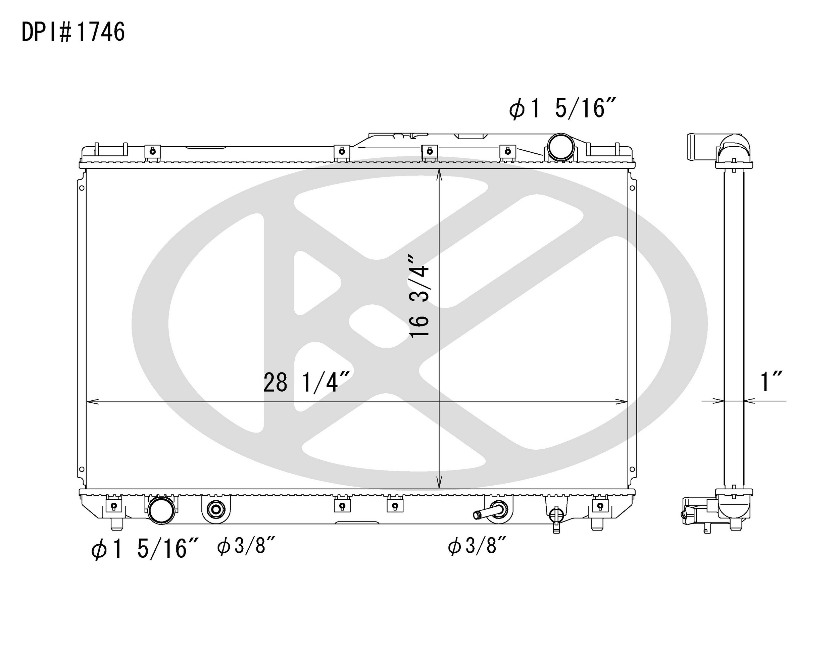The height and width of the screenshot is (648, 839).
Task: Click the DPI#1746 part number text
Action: [73, 32]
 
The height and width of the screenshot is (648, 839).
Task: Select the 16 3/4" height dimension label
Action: [419, 296]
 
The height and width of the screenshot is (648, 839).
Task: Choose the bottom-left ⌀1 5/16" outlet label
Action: [145, 548]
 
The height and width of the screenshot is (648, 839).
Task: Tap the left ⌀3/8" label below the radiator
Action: [246, 546]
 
